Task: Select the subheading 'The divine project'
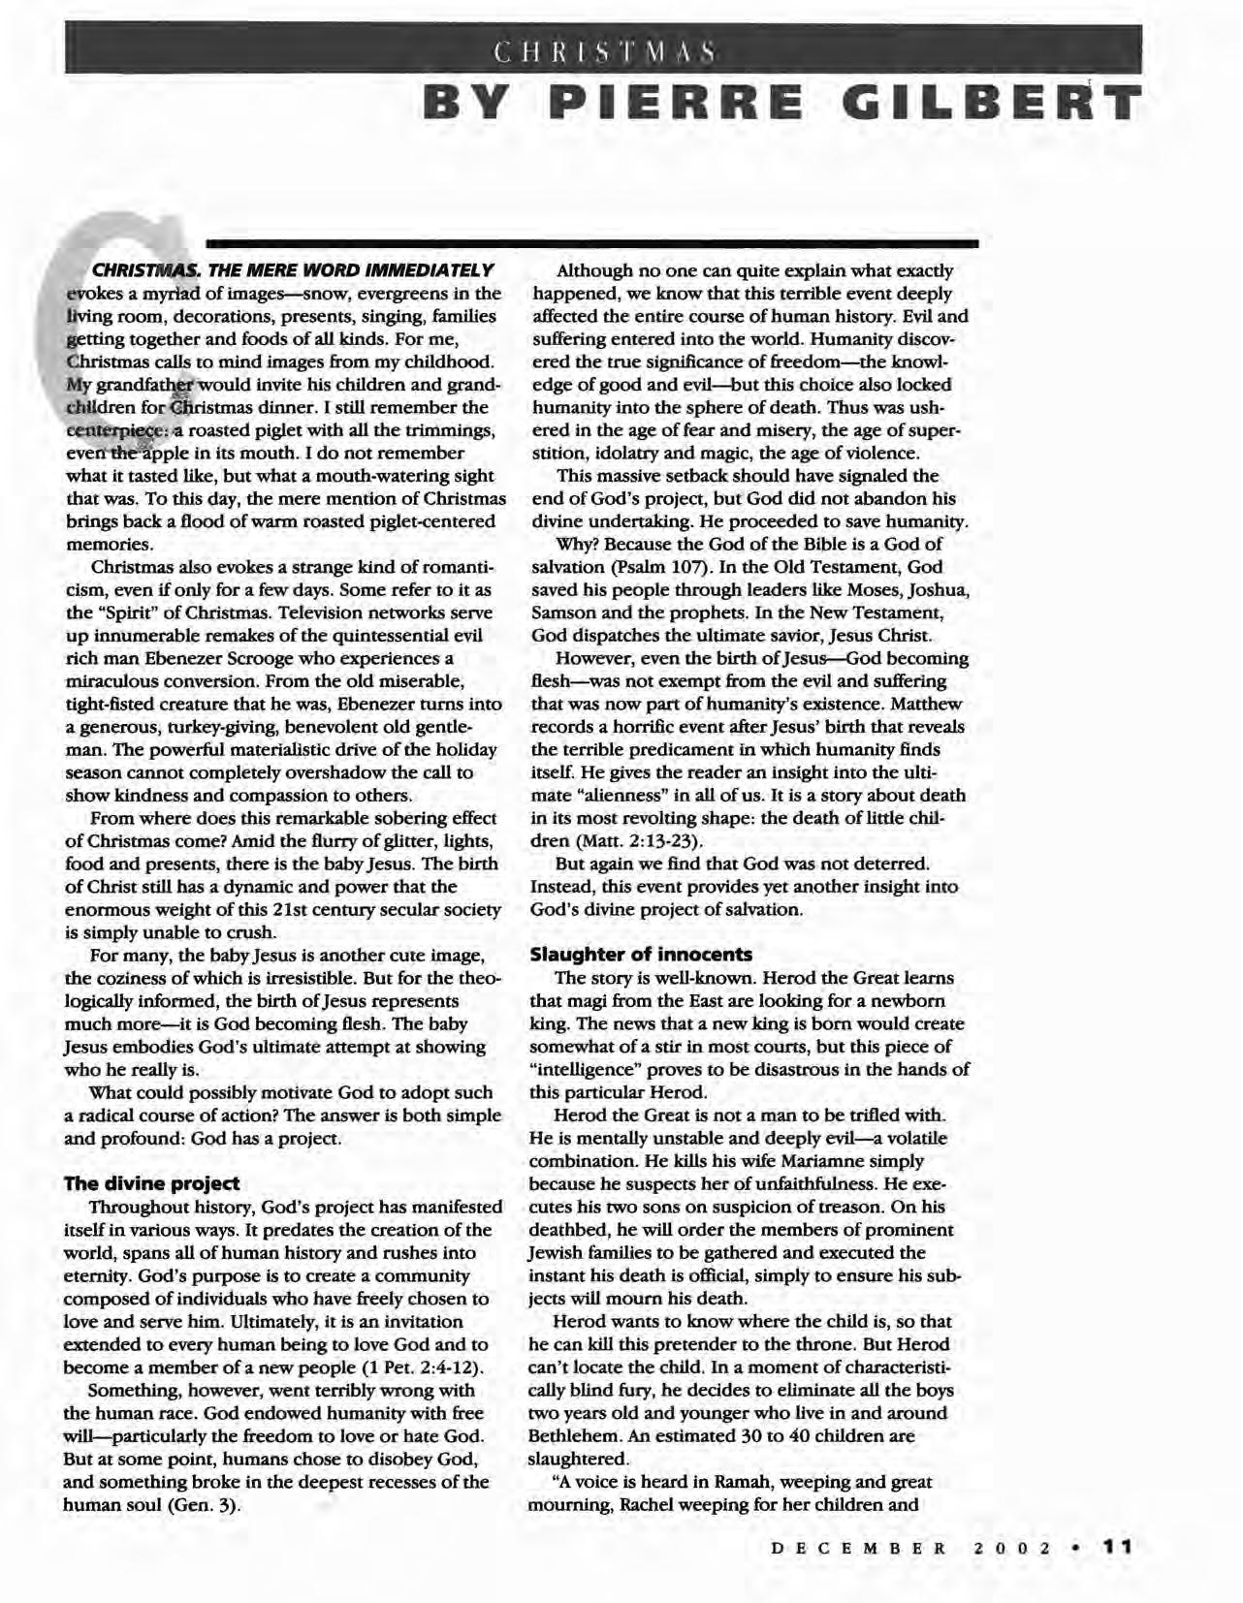click(x=151, y=1183)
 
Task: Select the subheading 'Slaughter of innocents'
click(x=641, y=955)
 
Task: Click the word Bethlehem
click(x=574, y=1436)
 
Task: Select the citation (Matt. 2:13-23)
click(x=638, y=841)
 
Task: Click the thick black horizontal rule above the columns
click(x=591, y=240)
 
